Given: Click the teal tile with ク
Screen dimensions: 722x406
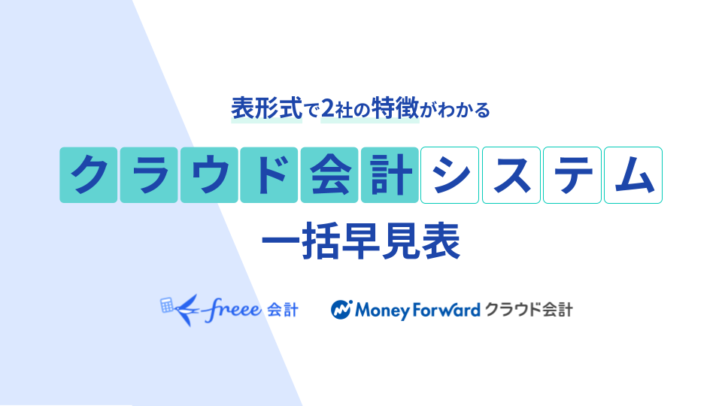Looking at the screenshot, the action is (89, 175).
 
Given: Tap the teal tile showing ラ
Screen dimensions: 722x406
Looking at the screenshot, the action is (149, 175).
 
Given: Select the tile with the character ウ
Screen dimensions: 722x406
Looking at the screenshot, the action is (209, 175).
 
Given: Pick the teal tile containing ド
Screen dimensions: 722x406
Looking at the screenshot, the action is (269, 175).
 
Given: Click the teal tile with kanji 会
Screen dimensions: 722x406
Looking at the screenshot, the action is (329, 175).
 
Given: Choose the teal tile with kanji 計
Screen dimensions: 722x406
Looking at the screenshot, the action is (390, 175).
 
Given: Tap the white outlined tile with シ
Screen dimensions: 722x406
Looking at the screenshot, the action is (450, 175).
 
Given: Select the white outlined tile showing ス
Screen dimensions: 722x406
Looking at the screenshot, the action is (511, 175).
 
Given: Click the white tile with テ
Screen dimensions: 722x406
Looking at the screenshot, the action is (572, 175).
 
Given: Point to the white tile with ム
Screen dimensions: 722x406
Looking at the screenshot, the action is (633, 175).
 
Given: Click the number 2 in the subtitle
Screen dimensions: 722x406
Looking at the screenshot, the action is (327, 109).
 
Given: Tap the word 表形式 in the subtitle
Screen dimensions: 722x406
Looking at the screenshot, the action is (266, 108).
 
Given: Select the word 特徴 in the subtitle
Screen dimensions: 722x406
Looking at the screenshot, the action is (395, 108).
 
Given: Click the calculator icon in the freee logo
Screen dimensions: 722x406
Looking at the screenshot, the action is (167, 305).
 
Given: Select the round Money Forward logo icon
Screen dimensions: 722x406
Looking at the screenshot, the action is (341, 310).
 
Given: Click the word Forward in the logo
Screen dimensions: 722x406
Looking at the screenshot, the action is (446, 310).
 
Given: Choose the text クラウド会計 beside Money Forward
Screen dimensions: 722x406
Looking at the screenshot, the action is (529, 309).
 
